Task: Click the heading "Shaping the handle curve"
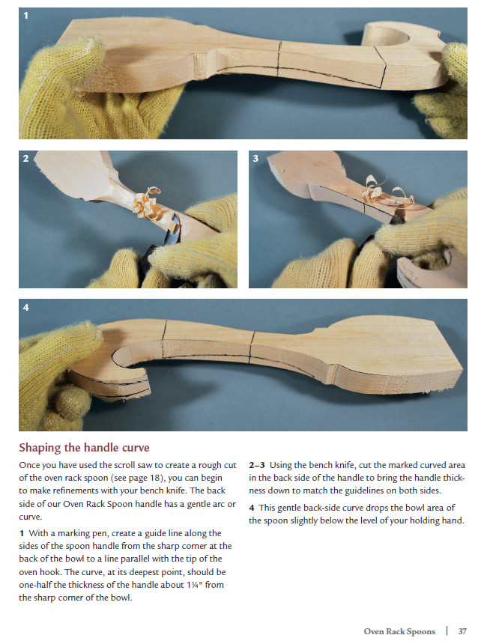tap(84, 447)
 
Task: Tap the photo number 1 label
tap(26, 16)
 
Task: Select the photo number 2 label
tap(26, 159)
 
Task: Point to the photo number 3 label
tap(255, 159)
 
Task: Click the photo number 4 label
tap(26, 307)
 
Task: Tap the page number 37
tap(463, 631)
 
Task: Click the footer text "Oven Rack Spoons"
tap(399, 631)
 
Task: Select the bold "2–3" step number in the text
tap(256, 465)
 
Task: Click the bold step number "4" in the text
tap(252, 508)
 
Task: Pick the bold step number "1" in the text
tap(22, 533)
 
